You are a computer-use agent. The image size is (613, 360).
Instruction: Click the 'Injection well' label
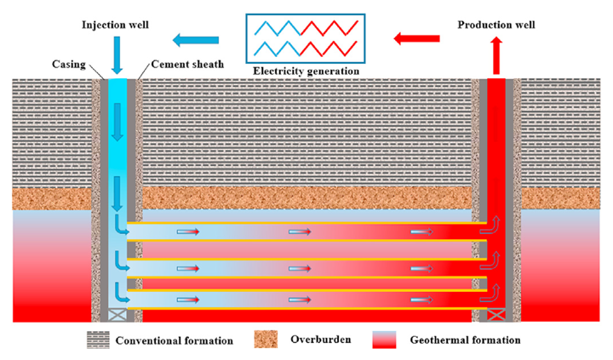115,25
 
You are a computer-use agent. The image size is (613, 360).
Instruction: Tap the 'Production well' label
496,25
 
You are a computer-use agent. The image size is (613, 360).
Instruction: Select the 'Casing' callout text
69,64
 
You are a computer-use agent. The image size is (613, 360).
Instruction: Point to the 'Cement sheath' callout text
187,64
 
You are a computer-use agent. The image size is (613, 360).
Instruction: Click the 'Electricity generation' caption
306,71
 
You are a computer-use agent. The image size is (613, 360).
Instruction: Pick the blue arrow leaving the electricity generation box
196,40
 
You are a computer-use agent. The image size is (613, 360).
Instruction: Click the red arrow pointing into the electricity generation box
416,38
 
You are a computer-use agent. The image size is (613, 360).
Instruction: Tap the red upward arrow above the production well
496,55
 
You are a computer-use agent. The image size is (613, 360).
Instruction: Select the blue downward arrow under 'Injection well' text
117,55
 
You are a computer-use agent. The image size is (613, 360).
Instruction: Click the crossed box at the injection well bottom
117,315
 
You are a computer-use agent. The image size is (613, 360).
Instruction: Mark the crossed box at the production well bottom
496,315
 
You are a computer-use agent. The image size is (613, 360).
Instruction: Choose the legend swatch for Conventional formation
98,340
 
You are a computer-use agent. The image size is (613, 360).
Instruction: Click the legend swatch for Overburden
266,340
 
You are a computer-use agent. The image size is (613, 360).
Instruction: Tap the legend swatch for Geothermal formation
384,340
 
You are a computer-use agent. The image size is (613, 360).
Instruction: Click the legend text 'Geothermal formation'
465,340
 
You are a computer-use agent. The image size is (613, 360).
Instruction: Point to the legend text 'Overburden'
321,340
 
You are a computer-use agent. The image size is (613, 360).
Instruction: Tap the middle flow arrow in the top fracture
300,231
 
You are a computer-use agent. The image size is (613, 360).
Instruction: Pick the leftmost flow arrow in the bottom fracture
188,300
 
